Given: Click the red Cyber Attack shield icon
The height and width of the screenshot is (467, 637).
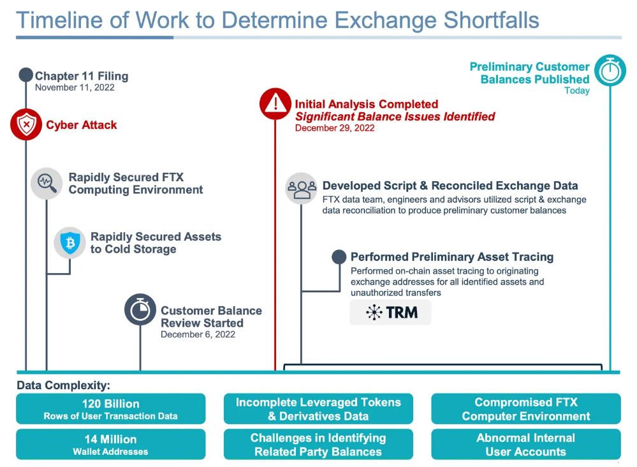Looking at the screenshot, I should (26, 124).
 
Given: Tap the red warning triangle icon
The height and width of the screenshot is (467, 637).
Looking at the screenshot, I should (275, 104).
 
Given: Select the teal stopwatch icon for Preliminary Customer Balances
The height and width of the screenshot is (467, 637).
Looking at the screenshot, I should (610, 71).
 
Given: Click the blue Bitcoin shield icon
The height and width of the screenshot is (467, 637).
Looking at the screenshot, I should (70, 242).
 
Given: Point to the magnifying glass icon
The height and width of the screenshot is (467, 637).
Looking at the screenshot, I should (47, 183).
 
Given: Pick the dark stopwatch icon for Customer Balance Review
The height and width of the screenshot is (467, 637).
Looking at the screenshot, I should (140, 310).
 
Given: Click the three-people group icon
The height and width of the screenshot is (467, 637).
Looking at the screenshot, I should (301, 188).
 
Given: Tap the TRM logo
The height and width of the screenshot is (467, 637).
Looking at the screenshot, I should (390, 313).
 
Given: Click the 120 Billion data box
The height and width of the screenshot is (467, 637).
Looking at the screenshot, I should (110, 409).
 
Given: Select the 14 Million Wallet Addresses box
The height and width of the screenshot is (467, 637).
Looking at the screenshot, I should (110, 445).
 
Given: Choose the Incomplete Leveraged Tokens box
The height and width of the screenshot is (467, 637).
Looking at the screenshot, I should (318, 409).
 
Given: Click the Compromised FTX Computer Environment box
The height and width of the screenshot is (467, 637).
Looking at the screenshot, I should (525, 409).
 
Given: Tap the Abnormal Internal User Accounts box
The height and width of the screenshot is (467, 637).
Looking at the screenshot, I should (525, 445).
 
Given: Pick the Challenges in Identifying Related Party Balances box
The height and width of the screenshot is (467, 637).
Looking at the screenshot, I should (318, 445).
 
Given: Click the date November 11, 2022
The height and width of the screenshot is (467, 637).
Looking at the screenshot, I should (75, 88).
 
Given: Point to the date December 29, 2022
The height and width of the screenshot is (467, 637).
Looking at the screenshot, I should (335, 128).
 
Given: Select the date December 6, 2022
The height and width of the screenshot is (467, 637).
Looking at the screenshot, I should (198, 334).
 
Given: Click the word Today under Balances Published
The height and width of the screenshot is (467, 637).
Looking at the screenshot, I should (576, 91).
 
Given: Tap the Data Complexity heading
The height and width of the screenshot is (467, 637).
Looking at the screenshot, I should (63, 385).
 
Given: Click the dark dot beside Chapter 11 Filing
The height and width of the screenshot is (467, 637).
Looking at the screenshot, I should (26, 75).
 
